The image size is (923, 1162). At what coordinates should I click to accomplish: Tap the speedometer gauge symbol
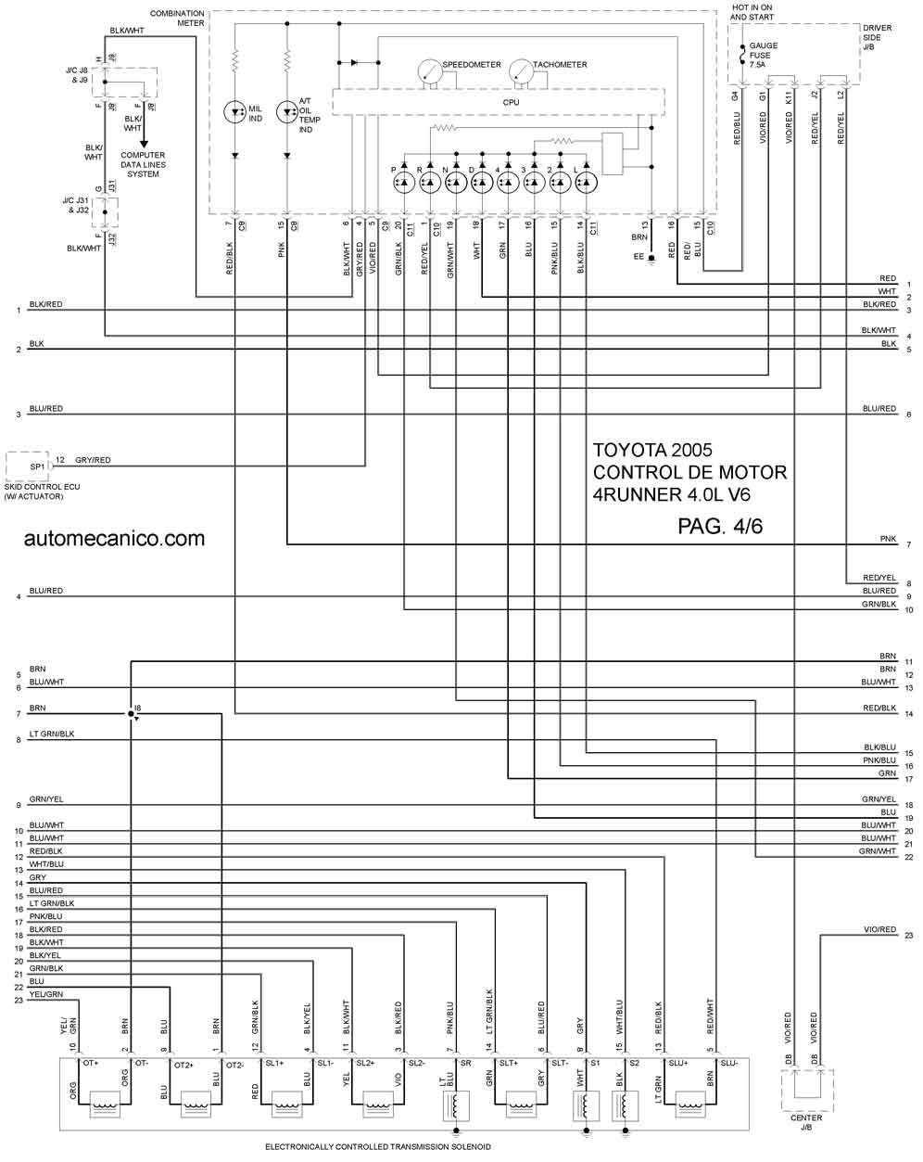429,70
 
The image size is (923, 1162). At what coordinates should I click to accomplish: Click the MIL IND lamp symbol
235,112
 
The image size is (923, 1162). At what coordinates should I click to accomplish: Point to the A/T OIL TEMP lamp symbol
288,112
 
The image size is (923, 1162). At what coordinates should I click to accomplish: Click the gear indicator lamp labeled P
404,184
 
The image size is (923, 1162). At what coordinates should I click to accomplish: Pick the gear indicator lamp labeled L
586,184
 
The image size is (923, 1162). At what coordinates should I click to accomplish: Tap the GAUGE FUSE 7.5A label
764,55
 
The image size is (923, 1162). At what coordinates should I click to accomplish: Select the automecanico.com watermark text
115,538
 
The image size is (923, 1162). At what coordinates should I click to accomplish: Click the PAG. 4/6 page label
720,526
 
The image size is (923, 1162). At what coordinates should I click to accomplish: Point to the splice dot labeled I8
132,713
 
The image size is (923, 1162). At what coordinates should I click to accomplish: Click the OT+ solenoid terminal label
91,1063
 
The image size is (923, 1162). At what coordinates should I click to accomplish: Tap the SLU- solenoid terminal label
729,1063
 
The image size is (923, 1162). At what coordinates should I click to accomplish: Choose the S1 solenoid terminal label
595,1063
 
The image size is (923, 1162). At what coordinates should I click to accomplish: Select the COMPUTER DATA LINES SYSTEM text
143,164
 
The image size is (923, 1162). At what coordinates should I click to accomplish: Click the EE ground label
638,256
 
